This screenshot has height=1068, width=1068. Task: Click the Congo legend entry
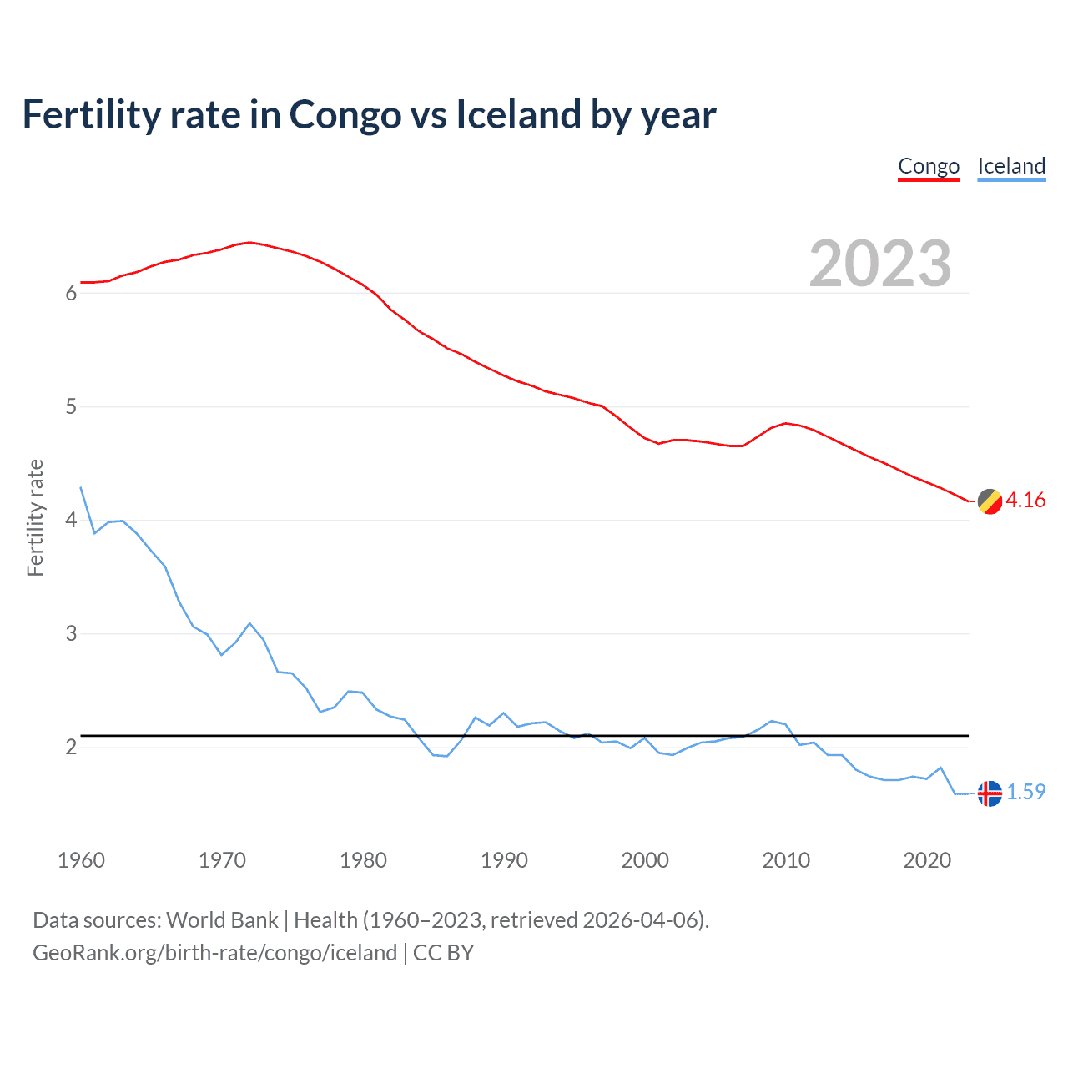click(x=929, y=166)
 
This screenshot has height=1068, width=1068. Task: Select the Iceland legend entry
click(x=1011, y=166)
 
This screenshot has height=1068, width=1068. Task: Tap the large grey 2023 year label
click(x=880, y=264)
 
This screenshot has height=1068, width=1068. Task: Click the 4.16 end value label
click(x=1025, y=500)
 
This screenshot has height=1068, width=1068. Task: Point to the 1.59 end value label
click(x=1025, y=792)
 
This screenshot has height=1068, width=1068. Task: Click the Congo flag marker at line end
click(x=990, y=501)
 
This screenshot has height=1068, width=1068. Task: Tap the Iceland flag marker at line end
click(x=990, y=793)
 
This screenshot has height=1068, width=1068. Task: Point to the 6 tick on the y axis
click(x=71, y=294)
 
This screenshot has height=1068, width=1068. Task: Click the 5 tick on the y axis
click(x=71, y=407)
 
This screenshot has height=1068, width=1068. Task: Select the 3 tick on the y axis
click(x=71, y=634)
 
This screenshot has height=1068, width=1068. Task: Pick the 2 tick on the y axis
click(x=71, y=748)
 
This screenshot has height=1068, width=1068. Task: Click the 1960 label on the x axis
click(x=81, y=860)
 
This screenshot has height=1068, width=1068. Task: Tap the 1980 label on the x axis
click(x=363, y=860)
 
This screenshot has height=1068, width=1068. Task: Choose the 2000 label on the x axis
click(x=645, y=860)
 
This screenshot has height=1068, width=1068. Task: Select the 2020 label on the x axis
click(x=927, y=860)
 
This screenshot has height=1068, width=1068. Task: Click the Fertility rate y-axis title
click(x=35, y=517)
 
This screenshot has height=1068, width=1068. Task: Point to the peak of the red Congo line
click(x=249, y=242)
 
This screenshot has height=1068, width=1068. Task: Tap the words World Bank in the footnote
click(x=222, y=920)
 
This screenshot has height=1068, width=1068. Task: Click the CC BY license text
click(x=444, y=953)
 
